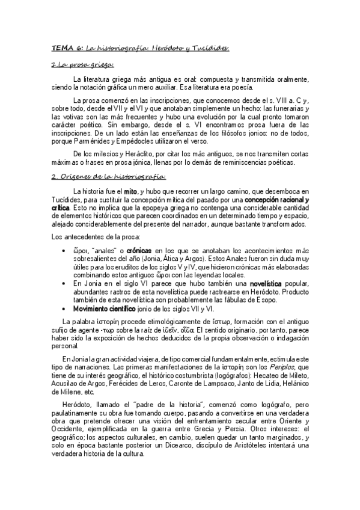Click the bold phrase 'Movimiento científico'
coord(103,308)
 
